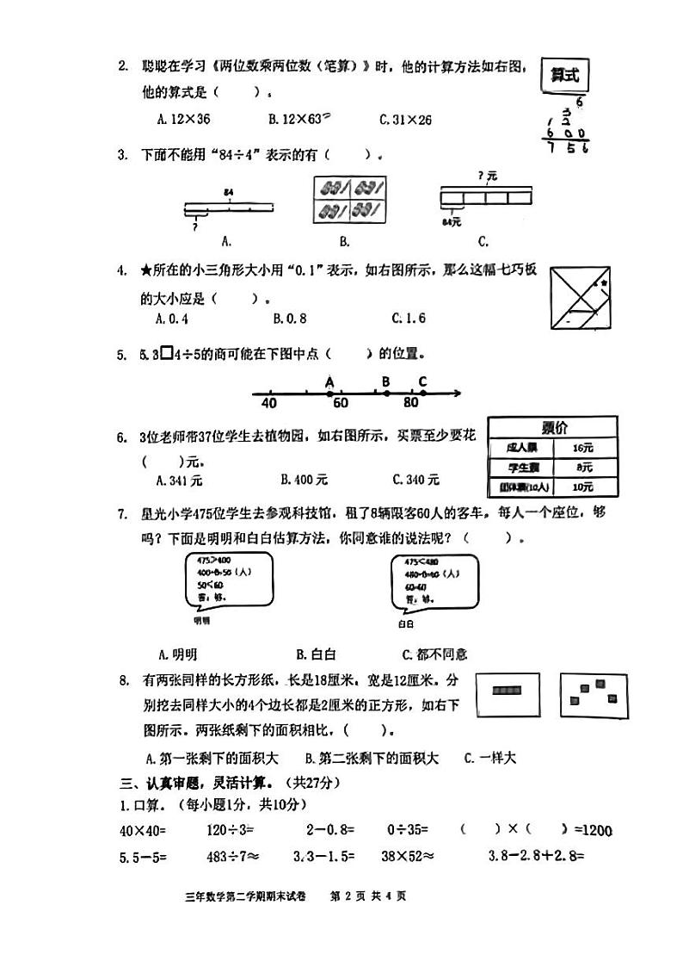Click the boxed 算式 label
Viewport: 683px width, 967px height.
point(565,76)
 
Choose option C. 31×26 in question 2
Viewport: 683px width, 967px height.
point(405,120)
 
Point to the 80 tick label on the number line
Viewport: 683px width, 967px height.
point(410,402)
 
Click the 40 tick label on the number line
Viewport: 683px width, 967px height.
point(268,402)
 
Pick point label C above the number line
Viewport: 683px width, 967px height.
point(422,381)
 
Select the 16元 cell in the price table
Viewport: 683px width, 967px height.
point(583,448)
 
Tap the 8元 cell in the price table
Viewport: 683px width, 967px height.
point(584,467)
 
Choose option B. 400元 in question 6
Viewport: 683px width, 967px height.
point(304,480)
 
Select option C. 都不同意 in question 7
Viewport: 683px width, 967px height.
point(434,654)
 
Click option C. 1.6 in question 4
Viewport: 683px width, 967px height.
point(409,319)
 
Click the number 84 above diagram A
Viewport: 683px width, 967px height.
point(228,191)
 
